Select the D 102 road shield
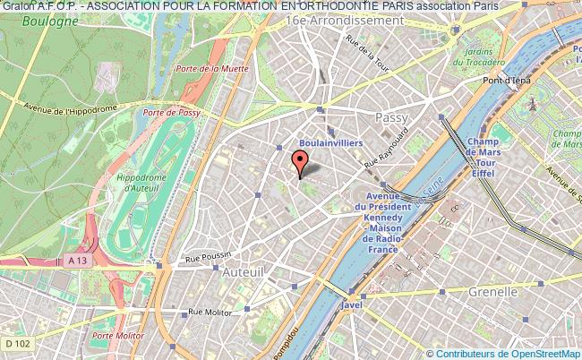(13, 343)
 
